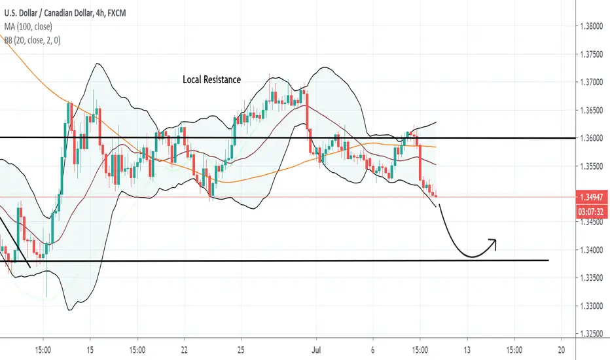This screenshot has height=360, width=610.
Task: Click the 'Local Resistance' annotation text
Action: click(211, 80)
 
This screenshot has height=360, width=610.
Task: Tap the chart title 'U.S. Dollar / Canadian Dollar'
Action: click(48, 13)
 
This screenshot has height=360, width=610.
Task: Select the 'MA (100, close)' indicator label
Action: click(28, 26)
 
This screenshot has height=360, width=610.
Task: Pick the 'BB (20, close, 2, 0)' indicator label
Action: click(32, 40)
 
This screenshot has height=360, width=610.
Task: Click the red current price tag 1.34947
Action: click(591, 197)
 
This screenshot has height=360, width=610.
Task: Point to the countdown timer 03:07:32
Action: click(591, 211)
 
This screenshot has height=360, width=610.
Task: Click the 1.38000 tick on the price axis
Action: click(591, 26)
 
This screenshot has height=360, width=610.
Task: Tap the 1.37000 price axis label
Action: click(591, 82)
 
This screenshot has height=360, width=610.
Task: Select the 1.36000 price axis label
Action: click(591, 138)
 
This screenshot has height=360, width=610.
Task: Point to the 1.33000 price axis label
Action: click(591, 306)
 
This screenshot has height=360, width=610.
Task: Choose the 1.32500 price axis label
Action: click(591, 334)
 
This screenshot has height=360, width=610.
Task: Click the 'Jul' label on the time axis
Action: click(316, 350)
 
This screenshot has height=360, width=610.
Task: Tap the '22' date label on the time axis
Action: click(184, 350)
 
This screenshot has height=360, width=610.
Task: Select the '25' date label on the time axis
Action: click(241, 350)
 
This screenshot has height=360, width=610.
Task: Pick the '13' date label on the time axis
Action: click(467, 350)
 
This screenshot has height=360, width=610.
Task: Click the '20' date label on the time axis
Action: click(561, 350)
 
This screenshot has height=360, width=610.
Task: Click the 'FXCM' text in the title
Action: click(117, 13)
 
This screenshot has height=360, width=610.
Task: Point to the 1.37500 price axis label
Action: click(591, 54)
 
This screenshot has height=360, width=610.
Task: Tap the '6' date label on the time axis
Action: click(372, 350)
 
